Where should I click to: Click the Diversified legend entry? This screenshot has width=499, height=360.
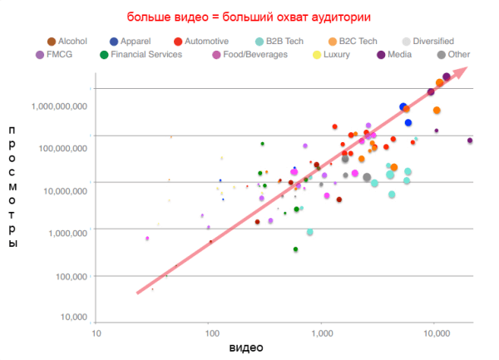click(x=428, y=41)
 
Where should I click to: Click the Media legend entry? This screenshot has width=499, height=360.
click(x=403, y=56)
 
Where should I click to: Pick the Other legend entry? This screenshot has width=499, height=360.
click(x=456, y=56)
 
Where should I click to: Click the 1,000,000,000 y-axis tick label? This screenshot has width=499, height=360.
click(x=60, y=106)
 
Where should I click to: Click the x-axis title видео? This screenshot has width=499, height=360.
click(x=246, y=347)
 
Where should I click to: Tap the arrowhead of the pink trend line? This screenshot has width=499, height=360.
click(x=464, y=69)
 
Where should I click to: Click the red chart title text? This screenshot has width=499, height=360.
click(x=249, y=17)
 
